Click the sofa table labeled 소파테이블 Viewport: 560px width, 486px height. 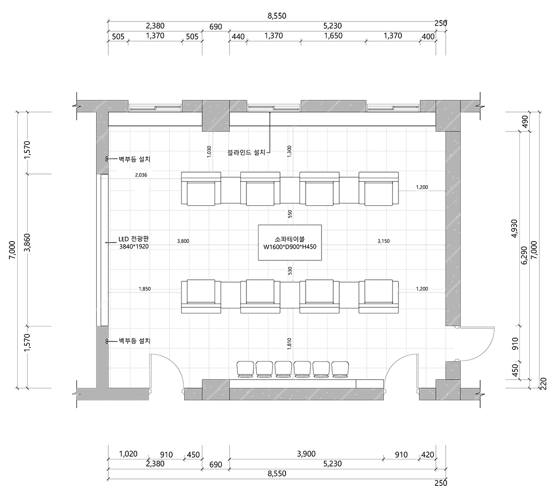pyautogui.click(x=290, y=243)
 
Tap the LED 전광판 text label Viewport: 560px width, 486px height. pyautogui.click(x=133, y=239)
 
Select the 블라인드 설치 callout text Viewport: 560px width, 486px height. pyautogui.click(x=246, y=153)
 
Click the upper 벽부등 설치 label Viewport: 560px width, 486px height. pyautogui.click(x=134, y=159)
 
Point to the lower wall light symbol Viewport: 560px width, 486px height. pyautogui.click(x=107, y=341)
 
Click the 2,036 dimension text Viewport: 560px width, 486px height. pyautogui.click(x=141, y=175)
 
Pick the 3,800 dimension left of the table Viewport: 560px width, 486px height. pyautogui.click(x=183, y=241)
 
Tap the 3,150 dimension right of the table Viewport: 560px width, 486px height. pyautogui.click(x=384, y=241)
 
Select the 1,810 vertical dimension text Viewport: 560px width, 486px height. pyautogui.click(x=289, y=344)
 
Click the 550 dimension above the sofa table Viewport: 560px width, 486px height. pyautogui.click(x=290, y=214)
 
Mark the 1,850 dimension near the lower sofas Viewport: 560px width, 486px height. pyautogui.click(x=145, y=289)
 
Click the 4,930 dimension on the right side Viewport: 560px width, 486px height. pyautogui.click(x=515, y=229)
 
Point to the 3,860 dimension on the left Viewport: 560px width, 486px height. pyautogui.click(x=28, y=243)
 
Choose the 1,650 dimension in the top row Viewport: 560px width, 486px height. pyautogui.click(x=333, y=36)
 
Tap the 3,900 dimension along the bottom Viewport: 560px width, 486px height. pyautogui.click(x=306, y=454)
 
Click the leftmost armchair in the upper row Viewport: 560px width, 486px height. pyautogui.click(x=201, y=188)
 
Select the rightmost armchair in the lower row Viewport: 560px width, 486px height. pyautogui.click(x=378, y=296)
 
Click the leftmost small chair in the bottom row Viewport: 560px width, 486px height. pyautogui.click(x=245, y=369)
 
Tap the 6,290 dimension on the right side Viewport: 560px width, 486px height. pyautogui.click(x=524, y=255)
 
